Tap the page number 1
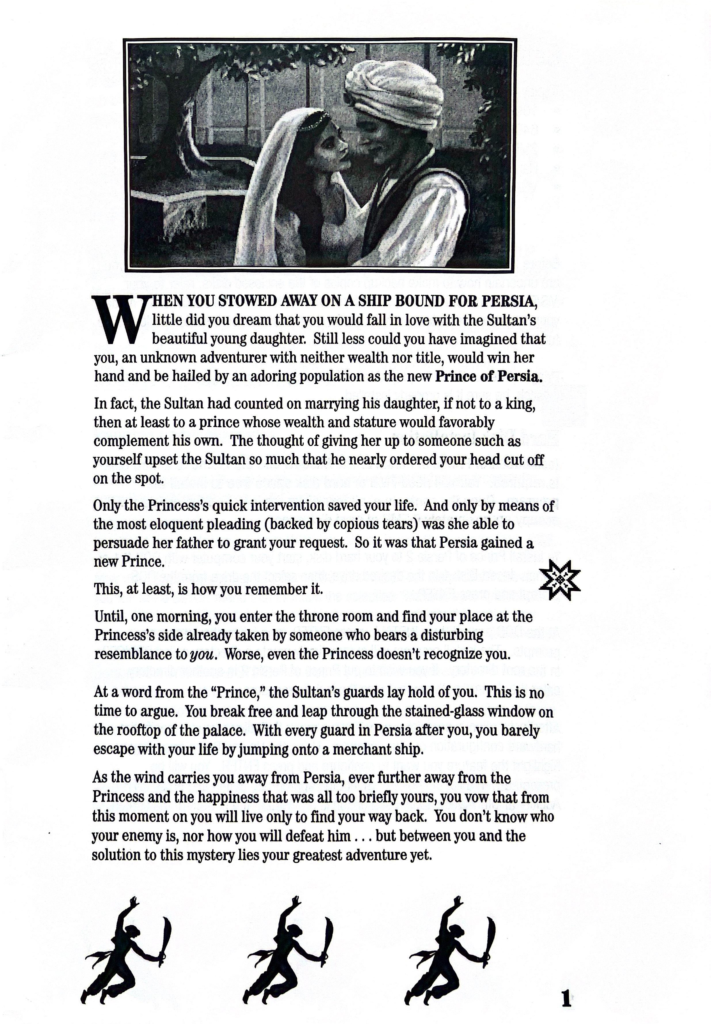pyautogui.click(x=566, y=999)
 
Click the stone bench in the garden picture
pyautogui.click(x=178, y=209)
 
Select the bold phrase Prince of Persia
pyautogui.click(x=488, y=377)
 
